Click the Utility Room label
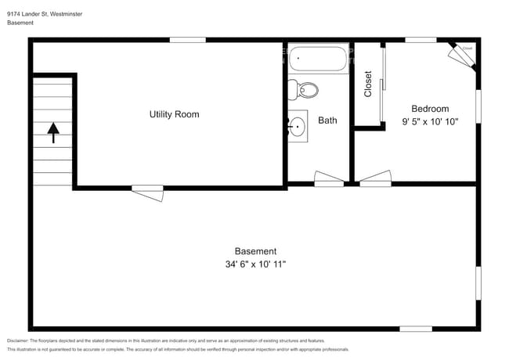click(174, 114)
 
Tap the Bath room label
click(327, 121)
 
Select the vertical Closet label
click(368, 85)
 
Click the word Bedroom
click(430, 109)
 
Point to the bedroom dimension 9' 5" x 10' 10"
click(430, 121)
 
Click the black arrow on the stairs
click(53, 132)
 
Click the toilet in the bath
click(304, 90)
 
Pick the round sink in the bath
click(298, 125)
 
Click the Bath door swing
click(328, 178)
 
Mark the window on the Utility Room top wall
click(188, 39)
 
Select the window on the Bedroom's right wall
click(478, 106)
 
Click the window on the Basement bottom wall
click(415, 328)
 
